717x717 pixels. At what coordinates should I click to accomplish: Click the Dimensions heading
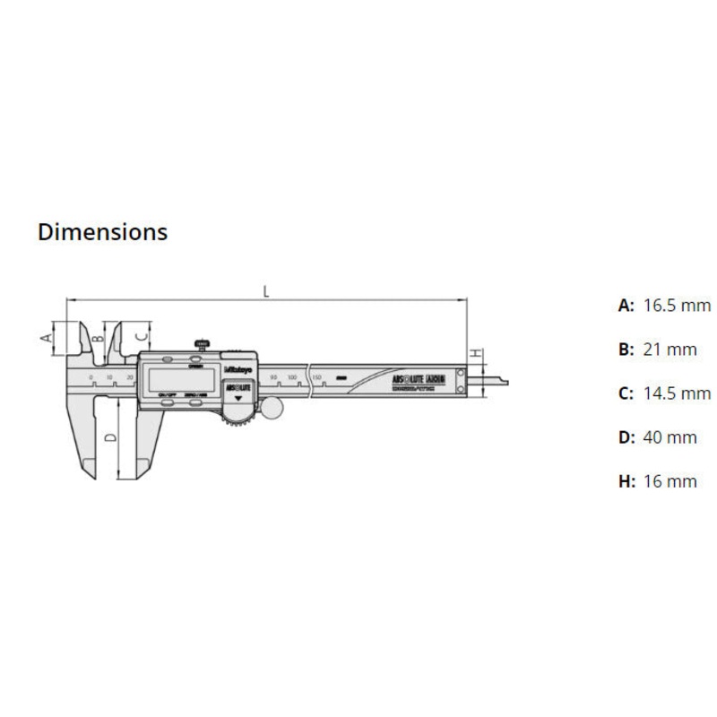coord(102,231)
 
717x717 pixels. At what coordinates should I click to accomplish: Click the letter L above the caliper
coord(266,289)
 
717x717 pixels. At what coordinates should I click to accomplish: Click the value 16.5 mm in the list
coord(677,306)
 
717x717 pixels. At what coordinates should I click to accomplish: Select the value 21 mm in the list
coord(669,350)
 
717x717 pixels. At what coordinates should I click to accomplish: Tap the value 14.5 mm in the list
coord(677,393)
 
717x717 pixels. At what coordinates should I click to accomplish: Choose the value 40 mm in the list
coord(669,437)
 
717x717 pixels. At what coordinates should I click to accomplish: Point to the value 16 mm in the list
coord(669,481)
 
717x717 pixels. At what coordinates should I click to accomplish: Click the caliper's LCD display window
coord(178,380)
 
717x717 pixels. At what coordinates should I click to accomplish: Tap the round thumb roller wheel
coord(272,408)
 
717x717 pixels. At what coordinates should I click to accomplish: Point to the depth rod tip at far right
coord(505,381)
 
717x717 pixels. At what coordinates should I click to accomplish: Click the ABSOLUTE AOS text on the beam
coord(419,380)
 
